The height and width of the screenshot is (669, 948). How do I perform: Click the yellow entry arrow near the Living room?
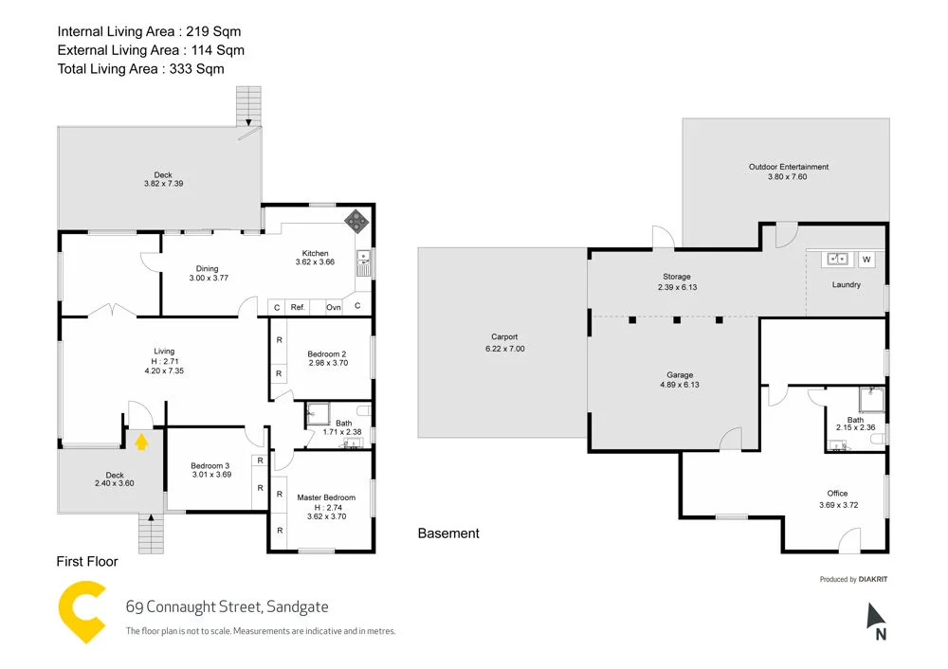click(141, 440)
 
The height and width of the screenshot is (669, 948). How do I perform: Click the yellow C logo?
click(81, 613)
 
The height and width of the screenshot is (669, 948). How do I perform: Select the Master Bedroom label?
click(325, 497)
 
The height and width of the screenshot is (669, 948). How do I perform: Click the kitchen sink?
click(362, 259)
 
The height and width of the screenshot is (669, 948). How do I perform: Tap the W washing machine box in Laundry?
click(866, 259)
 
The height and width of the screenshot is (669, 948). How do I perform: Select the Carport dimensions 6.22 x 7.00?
click(503, 349)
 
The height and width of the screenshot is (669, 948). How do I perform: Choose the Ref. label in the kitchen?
click(297, 307)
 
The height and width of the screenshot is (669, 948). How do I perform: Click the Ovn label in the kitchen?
click(334, 307)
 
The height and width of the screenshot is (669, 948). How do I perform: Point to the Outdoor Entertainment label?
click(788, 167)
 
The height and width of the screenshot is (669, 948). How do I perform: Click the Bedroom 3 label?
click(210, 465)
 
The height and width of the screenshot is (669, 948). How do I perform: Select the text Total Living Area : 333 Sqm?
click(140, 68)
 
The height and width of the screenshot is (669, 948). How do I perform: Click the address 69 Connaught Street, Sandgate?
click(227, 607)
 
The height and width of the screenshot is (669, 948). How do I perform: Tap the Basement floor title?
click(448, 533)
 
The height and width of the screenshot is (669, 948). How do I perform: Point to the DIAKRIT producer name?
click(873, 579)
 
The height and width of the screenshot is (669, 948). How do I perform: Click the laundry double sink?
click(838, 258)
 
